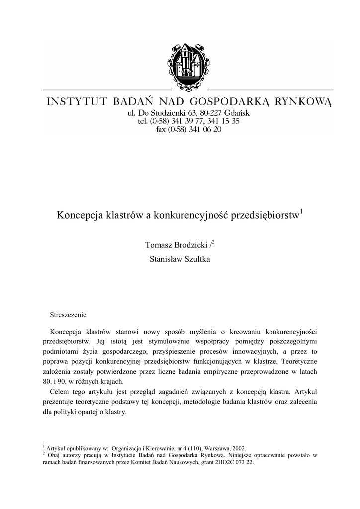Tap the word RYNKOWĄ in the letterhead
[304, 102]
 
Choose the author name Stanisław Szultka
[180, 259]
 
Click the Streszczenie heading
[69, 315]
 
